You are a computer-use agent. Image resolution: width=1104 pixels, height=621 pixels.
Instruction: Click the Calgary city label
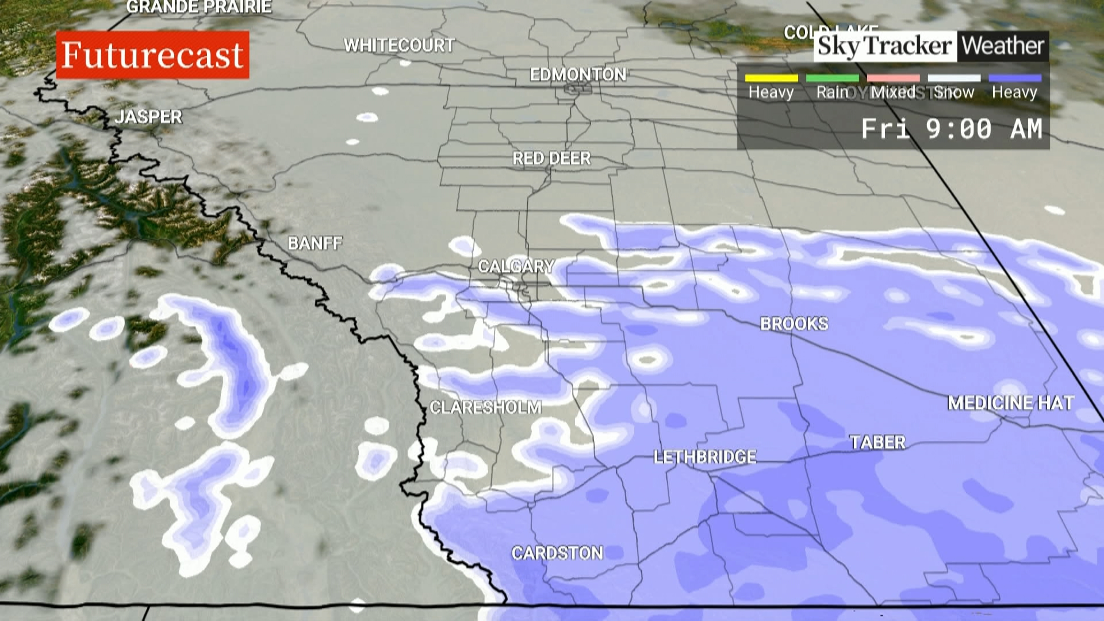click(x=516, y=267)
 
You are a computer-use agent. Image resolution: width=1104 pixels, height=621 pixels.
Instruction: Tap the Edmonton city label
click(x=577, y=75)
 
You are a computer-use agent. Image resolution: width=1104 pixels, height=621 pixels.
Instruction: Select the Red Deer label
click(x=551, y=159)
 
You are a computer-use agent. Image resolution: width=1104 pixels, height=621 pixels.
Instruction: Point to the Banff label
click(x=315, y=244)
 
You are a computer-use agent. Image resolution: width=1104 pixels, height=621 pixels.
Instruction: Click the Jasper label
click(x=148, y=117)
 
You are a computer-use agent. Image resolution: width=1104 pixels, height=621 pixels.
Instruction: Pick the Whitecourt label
click(x=399, y=45)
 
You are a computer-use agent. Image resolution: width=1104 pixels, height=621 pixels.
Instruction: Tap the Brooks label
click(x=794, y=324)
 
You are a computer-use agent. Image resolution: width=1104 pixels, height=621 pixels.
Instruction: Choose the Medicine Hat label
click(x=1010, y=403)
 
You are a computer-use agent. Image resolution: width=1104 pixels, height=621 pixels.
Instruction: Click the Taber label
click(x=877, y=443)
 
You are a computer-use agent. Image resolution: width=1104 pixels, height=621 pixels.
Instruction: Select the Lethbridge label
click(x=705, y=457)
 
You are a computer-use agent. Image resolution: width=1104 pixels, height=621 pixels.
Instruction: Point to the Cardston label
click(x=557, y=553)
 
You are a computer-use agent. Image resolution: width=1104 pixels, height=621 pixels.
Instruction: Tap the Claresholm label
click(x=485, y=408)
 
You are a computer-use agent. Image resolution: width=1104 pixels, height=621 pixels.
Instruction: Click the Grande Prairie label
click(x=199, y=7)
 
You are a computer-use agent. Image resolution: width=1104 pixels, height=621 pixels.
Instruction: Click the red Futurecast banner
click(x=152, y=55)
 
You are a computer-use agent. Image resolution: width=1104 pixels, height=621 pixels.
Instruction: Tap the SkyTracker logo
click(x=884, y=46)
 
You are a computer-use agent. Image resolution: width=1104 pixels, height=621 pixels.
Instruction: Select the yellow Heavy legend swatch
click(x=771, y=78)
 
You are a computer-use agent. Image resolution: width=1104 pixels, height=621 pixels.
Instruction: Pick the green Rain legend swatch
click(x=832, y=78)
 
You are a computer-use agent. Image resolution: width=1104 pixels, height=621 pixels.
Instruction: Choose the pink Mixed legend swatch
click(x=893, y=78)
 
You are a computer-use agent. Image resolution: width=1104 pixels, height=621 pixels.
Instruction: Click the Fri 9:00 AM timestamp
click(x=951, y=129)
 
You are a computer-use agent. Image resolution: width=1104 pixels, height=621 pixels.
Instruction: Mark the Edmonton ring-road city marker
click(x=577, y=89)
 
